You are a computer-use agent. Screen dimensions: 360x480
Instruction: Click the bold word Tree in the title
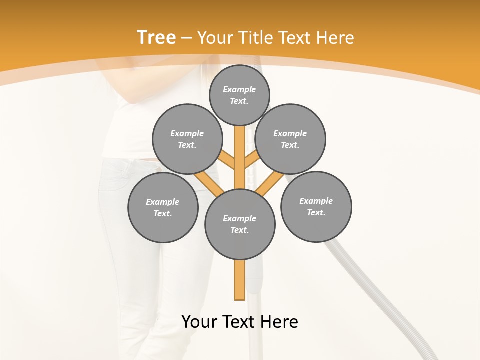click(156, 37)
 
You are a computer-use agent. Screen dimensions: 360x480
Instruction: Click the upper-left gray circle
click(187, 139)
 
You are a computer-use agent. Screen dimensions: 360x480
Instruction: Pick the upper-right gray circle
click(290, 139)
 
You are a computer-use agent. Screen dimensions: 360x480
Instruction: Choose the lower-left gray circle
click(163, 207)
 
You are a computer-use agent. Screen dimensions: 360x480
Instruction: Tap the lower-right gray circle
click(316, 207)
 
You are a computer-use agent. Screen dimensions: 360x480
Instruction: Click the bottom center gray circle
click(240, 224)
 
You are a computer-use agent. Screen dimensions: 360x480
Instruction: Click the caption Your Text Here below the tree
click(240, 321)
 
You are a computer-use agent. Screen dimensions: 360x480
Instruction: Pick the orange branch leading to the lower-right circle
click(270, 184)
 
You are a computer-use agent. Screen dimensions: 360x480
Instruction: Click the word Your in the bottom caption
click(200, 321)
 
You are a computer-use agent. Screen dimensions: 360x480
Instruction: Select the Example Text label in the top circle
click(239, 95)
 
